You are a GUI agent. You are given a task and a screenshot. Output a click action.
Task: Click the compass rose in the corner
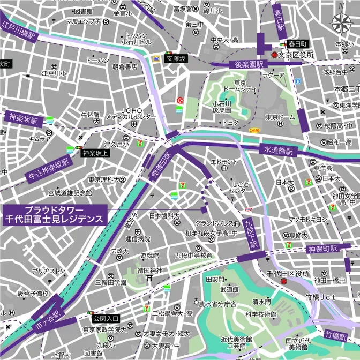click(x=341, y=22)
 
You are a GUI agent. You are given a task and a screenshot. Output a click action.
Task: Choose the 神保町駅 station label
click(x=322, y=249)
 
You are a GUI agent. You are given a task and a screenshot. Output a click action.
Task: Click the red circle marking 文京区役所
click(x=274, y=55)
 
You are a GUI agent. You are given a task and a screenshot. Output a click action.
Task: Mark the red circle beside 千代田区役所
click(x=284, y=282)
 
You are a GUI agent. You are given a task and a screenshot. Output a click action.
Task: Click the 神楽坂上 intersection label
click(x=95, y=153)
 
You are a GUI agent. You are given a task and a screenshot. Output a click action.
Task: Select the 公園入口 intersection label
click(x=106, y=318)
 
